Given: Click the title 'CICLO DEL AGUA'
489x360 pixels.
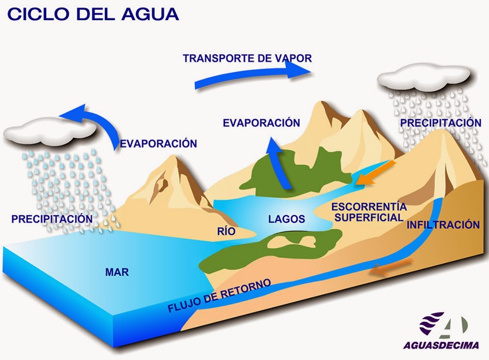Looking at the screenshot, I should [x=93, y=14].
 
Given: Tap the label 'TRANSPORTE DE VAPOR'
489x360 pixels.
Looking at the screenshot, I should [x=247, y=58].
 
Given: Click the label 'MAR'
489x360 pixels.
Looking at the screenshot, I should [x=117, y=272].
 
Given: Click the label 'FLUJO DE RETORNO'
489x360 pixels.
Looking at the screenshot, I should [x=219, y=295].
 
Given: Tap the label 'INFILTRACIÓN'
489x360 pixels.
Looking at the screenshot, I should [x=443, y=224].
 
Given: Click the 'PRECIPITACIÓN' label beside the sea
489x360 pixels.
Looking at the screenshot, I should [x=52, y=219].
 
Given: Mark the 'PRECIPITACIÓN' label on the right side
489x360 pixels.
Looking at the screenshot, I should [x=441, y=123].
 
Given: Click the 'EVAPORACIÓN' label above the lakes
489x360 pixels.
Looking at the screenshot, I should [x=261, y=123].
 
